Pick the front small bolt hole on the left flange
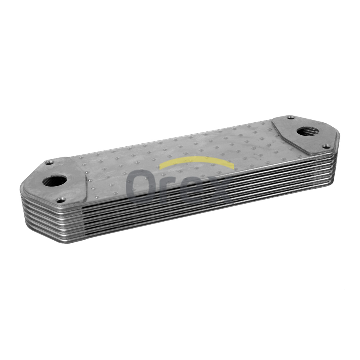pos(60,201)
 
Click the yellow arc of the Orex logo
pos(197,162)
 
